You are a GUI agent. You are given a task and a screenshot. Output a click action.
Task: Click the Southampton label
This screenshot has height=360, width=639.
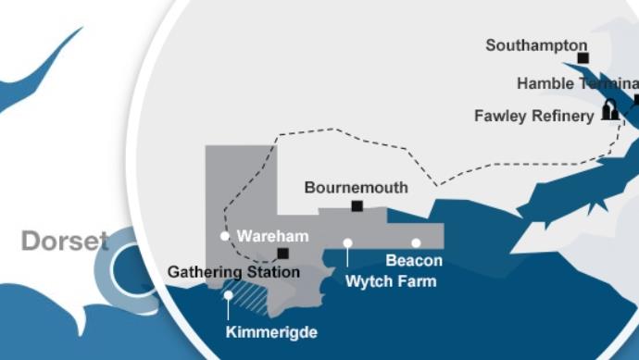point(536,44)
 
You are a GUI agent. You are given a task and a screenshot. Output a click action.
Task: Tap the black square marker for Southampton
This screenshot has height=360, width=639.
point(583,58)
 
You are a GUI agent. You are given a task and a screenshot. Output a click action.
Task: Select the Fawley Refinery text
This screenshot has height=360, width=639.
point(533,116)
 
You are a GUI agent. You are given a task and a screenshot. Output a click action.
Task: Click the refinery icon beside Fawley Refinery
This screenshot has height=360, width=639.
point(609,110)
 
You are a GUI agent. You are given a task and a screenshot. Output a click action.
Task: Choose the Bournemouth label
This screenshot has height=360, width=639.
point(356,187)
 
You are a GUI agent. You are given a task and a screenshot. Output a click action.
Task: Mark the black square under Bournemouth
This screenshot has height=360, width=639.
point(357,205)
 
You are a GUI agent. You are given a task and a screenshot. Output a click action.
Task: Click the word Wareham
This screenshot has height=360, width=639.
point(272,236)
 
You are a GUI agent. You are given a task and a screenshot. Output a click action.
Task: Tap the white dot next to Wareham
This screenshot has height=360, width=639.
point(224,236)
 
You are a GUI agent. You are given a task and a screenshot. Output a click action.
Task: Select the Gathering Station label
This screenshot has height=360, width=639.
point(233,272)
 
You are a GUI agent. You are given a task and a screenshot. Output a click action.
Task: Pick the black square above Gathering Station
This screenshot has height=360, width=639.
point(282,254)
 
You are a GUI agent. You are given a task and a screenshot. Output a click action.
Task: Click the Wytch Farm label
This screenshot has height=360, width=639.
point(390,280)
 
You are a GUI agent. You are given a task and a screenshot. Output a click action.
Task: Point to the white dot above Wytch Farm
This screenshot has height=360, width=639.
point(347,243)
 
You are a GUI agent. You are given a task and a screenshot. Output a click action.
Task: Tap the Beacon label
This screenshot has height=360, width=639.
point(414,261)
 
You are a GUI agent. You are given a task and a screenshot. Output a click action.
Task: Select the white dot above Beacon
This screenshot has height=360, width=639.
point(416,243)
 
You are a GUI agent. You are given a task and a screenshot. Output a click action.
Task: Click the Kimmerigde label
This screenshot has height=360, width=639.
point(271,331)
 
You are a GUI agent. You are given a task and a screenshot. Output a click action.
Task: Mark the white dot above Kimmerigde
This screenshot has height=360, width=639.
point(229,296)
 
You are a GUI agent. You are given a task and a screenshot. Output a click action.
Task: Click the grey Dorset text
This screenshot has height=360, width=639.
point(65,242)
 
